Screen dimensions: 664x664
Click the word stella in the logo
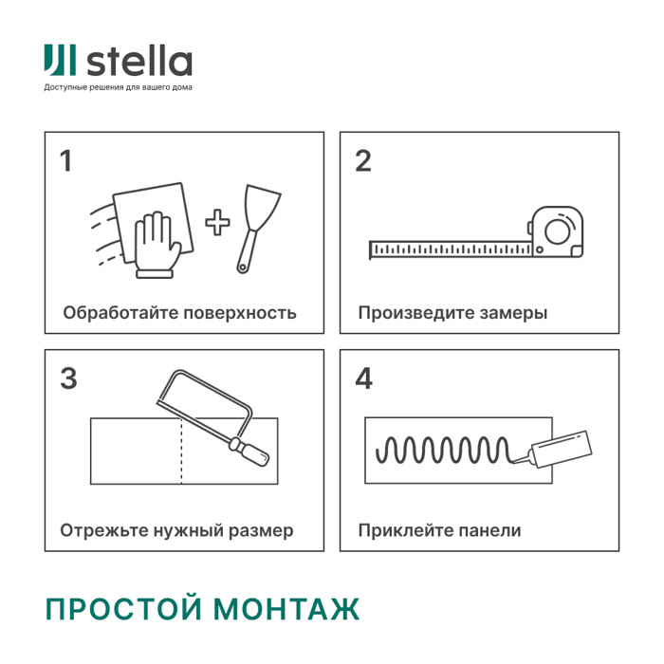click(140, 62)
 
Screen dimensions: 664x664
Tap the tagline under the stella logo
click(118, 88)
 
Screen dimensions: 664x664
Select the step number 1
click(65, 160)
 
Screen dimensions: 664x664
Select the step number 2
click(362, 160)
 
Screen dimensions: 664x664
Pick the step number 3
click(68, 378)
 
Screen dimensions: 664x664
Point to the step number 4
click(364, 378)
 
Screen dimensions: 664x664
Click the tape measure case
click(558, 231)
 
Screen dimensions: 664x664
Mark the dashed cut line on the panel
click(181, 451)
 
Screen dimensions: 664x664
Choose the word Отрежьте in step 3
click(101, 530)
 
